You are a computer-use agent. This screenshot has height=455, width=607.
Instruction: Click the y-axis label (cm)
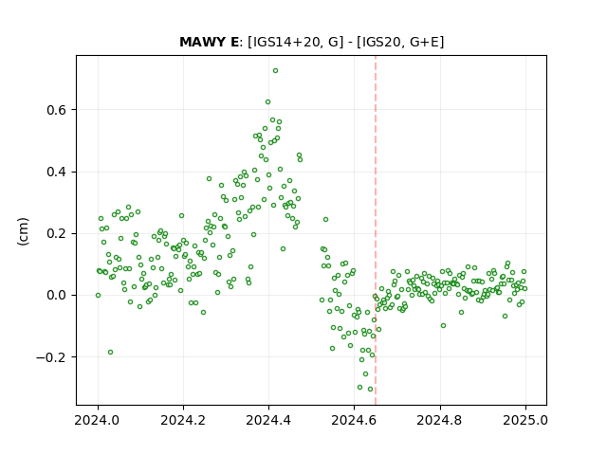23,231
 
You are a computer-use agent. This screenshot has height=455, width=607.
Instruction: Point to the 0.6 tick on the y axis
57,110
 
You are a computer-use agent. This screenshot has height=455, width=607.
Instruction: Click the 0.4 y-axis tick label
57,173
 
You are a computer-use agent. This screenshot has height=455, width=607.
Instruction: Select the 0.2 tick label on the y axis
57,234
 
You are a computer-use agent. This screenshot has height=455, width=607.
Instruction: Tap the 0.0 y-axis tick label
57,296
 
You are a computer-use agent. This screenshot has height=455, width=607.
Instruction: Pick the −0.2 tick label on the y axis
51,357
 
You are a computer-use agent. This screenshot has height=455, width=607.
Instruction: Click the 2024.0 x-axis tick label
97,420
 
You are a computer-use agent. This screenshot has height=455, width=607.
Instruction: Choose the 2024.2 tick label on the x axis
183,420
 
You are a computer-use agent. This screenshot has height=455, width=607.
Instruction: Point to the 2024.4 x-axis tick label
268,420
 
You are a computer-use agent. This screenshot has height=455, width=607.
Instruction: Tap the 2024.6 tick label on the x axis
354,420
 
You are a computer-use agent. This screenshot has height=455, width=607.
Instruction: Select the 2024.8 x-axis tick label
439,420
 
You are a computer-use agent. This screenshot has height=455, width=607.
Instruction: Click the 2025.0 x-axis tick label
525,420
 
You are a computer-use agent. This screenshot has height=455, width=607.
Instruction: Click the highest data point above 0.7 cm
275,71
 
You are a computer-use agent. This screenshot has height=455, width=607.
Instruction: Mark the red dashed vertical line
376,230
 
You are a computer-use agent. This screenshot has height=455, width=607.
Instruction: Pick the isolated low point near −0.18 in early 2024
110,352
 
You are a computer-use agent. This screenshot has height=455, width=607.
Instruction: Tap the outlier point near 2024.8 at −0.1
443,326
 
